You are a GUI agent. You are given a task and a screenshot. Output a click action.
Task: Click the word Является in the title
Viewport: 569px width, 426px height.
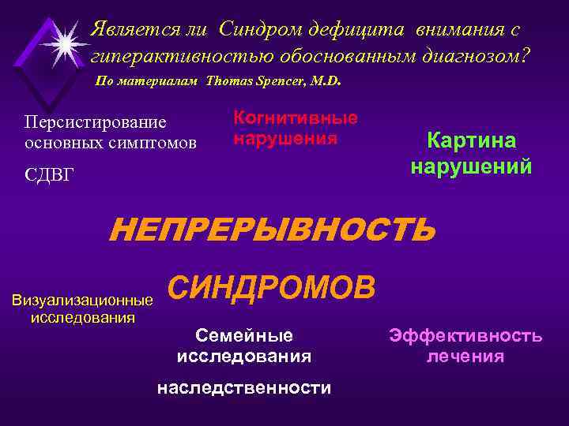130,30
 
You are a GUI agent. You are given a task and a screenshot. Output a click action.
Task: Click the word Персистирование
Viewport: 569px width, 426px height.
95,123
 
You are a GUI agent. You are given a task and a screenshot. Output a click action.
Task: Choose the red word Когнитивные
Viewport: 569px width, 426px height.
296,118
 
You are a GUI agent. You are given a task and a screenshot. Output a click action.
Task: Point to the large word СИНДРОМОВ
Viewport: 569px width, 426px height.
272,287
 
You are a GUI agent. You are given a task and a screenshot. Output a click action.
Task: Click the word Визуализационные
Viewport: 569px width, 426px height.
82,301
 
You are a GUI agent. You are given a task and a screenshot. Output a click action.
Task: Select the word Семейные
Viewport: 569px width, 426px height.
243,334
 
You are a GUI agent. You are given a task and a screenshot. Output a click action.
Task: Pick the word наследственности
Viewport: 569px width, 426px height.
243,388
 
